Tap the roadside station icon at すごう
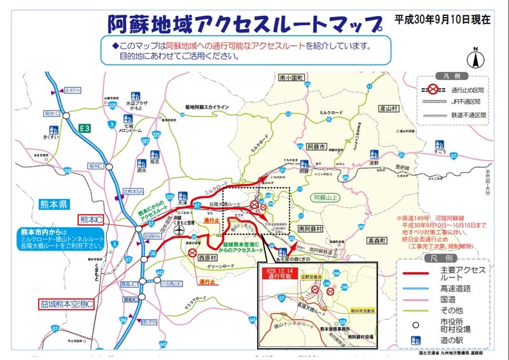(436, 145)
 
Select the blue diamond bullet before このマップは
(115, 46)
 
